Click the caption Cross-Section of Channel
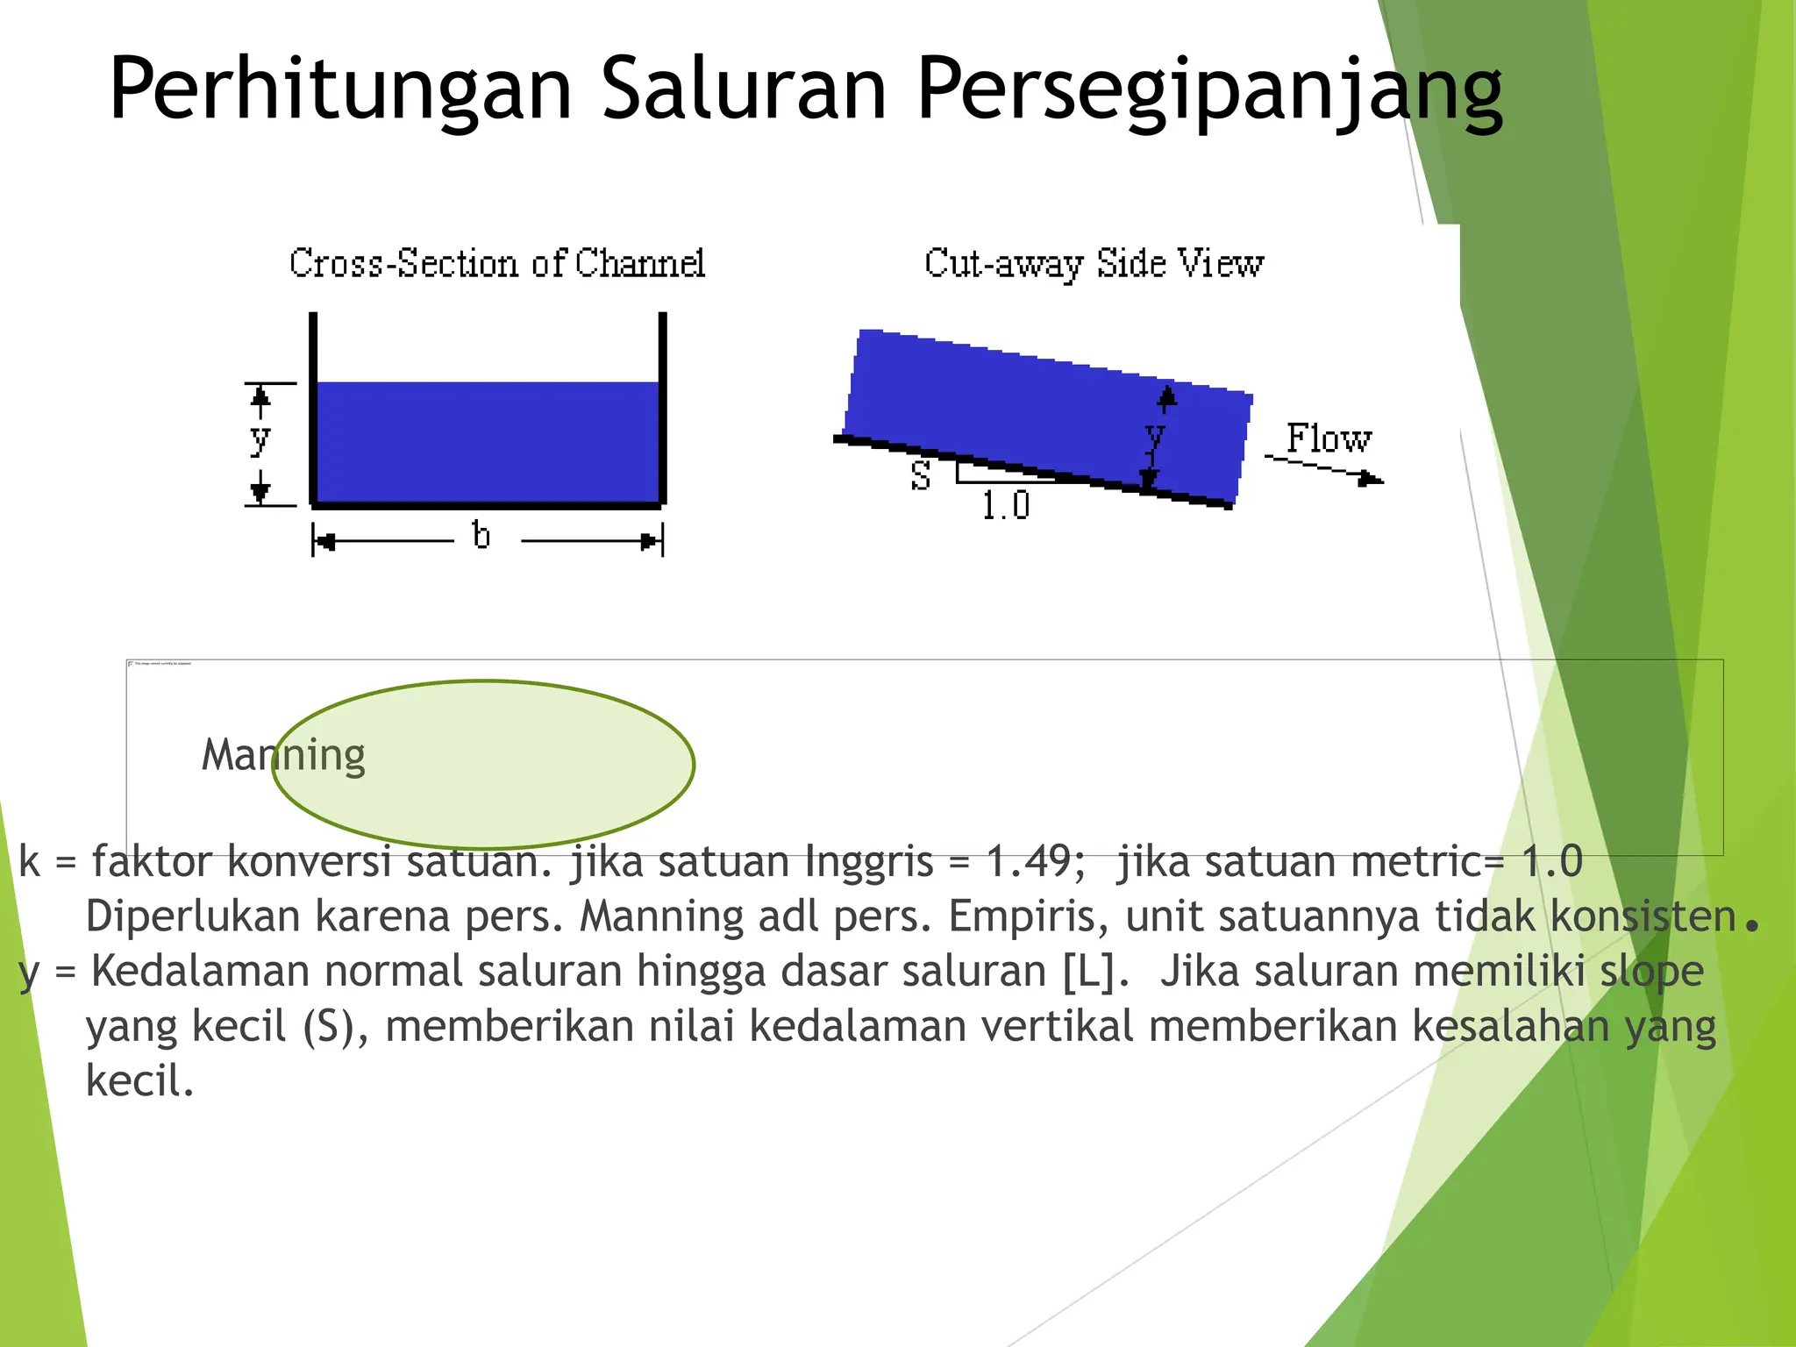click(x=497, y=263)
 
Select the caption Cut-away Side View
click(x=1094, y=264)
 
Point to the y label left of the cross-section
click(x=260, y=438)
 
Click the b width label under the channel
click(x=481, y=534)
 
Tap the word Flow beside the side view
click(x=1328, y=438)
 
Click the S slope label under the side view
click(x=920, y=476)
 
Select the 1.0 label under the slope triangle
click(x=1005, y=506)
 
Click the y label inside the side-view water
click(x=1155, y=435)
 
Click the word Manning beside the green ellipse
click(x=283, y=755)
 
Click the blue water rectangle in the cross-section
click(x=488, y=442)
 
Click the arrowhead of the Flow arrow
click(x=1370, y=479)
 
